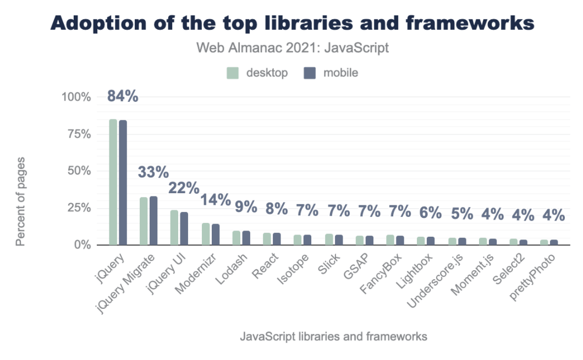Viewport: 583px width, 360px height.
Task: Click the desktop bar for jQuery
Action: (113, 182)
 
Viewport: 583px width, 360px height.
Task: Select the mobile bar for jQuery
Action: (123, 182)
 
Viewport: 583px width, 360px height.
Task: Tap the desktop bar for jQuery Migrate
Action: (144, 221)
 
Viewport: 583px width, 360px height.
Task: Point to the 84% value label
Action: (122, 96)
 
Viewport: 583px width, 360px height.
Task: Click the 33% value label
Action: (153, 172)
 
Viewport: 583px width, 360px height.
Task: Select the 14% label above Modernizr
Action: (215, 200)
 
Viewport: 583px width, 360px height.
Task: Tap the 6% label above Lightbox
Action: (431, 212)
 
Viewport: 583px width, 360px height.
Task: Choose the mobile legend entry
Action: (332, 73)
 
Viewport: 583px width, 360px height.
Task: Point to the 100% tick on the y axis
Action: (75, 97)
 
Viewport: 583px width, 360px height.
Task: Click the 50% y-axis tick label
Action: (78, 171)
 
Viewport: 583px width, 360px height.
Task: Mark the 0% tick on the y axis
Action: (81, 245)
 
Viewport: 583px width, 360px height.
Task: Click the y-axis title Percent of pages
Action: (21, 201)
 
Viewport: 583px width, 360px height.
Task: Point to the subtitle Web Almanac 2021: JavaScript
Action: (292, 48)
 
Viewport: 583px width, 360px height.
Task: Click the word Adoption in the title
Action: (97, 23)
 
